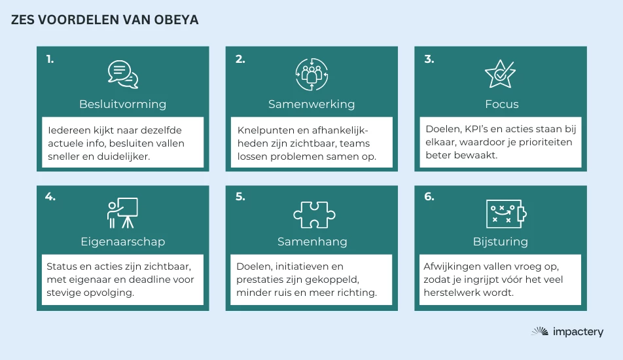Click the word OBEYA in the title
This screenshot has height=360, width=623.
click(176, 20)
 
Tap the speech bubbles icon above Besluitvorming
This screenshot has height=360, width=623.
click(123, 75)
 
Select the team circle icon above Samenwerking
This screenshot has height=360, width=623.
click(312, 75)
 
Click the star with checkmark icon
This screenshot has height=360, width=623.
click(500, 74)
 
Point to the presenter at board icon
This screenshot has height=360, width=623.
click(122, 213)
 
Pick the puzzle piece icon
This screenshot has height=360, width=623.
click(314, 215)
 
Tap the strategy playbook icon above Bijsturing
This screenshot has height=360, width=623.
click(507, 214)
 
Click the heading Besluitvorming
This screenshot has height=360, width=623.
click(123, 104)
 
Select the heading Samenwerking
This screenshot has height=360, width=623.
click(311, 104)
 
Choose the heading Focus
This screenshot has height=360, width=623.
click(502, 104)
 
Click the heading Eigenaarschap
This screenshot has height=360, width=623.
click(123, 242)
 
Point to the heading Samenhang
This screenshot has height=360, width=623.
click(312, 242)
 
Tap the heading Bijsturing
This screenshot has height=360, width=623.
click(501, 242)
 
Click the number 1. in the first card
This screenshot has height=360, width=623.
click(50, 59)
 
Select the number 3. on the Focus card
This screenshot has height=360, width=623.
click(429, 59)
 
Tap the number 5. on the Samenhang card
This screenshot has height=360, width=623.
click(240, 196)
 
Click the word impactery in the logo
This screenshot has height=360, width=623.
click(578, 332)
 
